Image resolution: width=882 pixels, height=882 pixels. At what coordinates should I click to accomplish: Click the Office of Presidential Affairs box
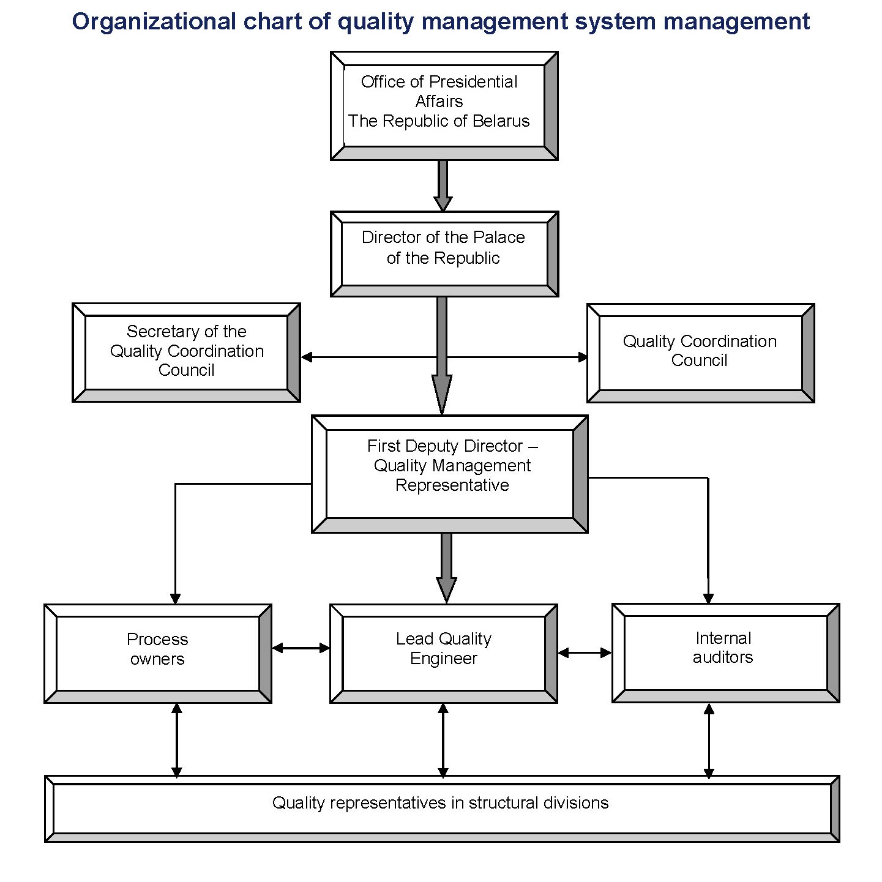(444, 106)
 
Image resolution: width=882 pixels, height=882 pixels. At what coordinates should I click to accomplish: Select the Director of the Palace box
(444, 254)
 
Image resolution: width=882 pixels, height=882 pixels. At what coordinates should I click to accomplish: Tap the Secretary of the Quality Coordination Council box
(186, 353)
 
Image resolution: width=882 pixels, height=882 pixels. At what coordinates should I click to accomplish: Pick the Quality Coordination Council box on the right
(700, 353)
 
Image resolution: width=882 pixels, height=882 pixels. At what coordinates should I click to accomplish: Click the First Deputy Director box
(449, 474)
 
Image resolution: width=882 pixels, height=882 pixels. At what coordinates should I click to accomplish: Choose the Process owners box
(157, 653)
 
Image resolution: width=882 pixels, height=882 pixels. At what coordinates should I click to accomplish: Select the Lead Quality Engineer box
(443, 653)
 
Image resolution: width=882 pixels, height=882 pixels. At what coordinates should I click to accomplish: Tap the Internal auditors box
(725, 652)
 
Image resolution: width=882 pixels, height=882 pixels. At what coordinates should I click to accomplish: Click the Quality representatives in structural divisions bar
(441, 809)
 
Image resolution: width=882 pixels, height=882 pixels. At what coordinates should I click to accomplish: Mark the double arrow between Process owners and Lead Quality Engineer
(301, 648)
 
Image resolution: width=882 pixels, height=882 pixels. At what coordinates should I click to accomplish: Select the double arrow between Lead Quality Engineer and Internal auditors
(585, 653)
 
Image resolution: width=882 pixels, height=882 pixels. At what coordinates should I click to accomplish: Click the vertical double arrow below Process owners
(177, 740)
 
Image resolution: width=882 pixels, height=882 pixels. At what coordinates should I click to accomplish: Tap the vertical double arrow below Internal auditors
(709, 740)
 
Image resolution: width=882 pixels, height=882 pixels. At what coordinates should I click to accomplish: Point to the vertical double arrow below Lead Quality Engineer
(443, 740)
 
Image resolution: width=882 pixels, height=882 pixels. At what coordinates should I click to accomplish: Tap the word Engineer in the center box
(443, 659)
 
